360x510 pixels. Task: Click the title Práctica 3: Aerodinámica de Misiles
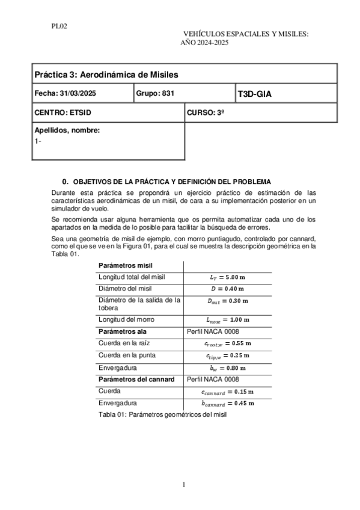pyautogui.click(x=106, y=75)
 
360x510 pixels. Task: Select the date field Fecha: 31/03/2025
pyautogui.click(x=66, y=94)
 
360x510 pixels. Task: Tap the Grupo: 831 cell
pyautogui.click(x=155, y=94)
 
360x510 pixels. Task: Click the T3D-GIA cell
pyautogui.click(x=255, y=94)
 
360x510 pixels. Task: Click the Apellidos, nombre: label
pyautogui.click(x=67, y=131)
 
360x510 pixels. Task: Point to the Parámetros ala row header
pyautogui.click(x=123, y=331)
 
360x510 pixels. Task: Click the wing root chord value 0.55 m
pyautogui.click(x=228, y=343)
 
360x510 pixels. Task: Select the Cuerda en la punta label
pyautogui.click(x=128, y=355)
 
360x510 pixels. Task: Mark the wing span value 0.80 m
pyautogui.click(x=228, y=367)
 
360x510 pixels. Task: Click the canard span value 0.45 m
pyautogui.click(x=228, y=403)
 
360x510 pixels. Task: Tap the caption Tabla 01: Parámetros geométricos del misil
pyautogui.click(x=162, y=415)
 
